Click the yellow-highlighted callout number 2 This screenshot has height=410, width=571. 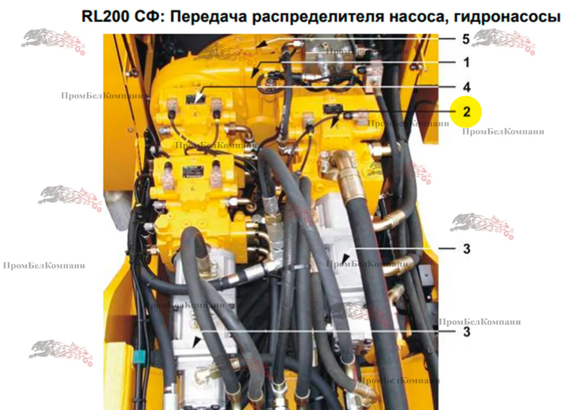[466, 112]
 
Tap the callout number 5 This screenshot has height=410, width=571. [466, 39]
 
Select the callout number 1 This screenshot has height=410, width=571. [466, 62]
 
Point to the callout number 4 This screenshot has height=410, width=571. [466, 88]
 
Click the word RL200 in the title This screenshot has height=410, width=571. [105, 17]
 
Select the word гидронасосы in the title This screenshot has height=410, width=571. [507, 17]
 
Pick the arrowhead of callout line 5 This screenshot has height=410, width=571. [260, 44]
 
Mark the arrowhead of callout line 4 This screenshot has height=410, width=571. [199, 99]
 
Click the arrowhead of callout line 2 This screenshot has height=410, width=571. [335, 122]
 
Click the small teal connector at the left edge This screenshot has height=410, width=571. [138, 357]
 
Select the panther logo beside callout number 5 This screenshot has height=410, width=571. [503, 41]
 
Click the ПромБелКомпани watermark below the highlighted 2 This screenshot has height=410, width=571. [503, 132]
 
